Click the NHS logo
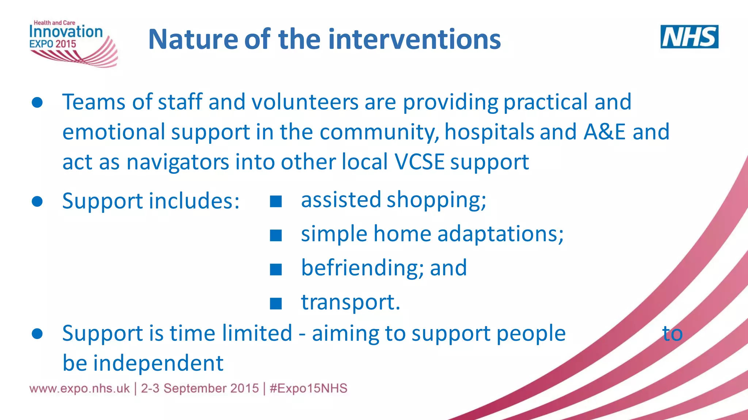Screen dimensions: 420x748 pos(689,36)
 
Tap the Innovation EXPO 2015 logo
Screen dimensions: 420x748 pos(71,43)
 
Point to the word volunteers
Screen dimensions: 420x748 pos(305,102)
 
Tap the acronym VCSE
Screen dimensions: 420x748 pos(419,162)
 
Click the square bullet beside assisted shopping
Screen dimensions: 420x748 pos(276,201)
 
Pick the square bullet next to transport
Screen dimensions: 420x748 pos(276,303)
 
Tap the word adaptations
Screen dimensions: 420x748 pos(500,234)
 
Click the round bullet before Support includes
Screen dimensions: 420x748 pos(37,201)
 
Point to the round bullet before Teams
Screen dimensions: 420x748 pos(37,103)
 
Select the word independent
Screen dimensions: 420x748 pos(158,363)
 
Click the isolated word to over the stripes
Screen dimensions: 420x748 pos(672,334)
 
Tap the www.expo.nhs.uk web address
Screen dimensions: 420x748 pos(79,388)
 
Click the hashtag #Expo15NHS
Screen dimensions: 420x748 pos(309,388)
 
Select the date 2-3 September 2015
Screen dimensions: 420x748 pos(200,388)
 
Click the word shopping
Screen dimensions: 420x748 pos(436,200)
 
